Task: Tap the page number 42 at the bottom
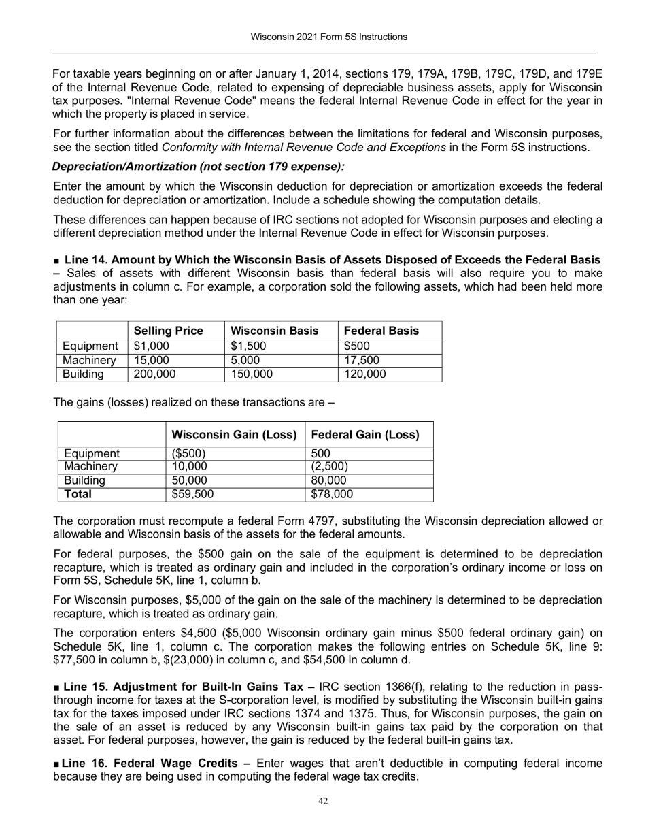323,802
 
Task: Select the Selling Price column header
169,331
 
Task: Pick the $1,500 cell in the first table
249,346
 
